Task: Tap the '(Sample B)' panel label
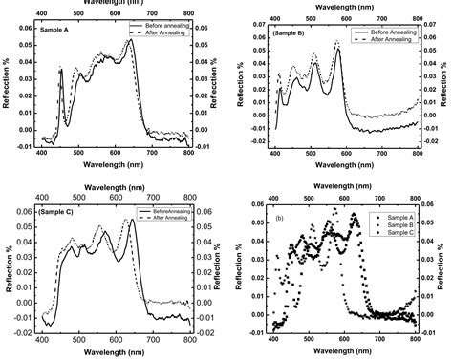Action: pyautogui.click(x=290, y=33)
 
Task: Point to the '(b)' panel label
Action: pyautogui.click(x=280, y=219)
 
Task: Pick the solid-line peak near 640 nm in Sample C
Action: pyautogui.click(x=134, y=221)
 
